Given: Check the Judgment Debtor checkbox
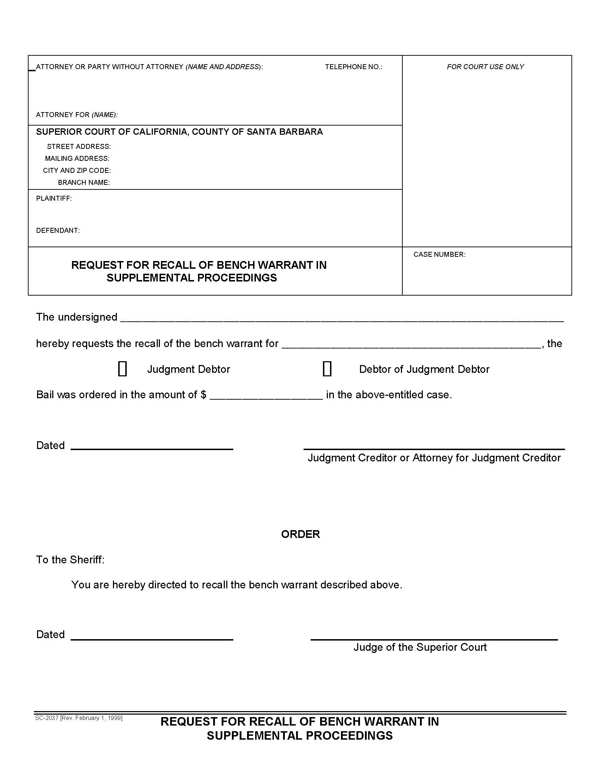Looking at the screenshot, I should pos(122,369).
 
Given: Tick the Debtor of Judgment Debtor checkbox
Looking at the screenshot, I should pos(327,369).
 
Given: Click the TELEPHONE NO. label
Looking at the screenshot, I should pos(353,67).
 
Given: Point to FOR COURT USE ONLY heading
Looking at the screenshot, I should pos(485,67).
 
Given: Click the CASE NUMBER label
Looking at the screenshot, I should pos(439,254).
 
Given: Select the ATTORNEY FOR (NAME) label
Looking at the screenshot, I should pos(77,115).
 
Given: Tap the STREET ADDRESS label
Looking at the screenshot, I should pos(79,146).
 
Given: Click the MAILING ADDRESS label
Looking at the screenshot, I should pos(77,158).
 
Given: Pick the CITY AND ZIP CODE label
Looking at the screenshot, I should pos(77,171).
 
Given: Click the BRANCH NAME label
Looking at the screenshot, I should pos(84,183).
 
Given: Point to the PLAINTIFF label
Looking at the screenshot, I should pos(54,198).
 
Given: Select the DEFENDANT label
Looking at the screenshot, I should pos(58,230).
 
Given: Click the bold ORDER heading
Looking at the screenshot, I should pos(300,534).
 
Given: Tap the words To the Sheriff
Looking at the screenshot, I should pos(70,560).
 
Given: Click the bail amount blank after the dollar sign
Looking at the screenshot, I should pos(266,395).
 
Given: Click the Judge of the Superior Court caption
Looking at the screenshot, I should pos(420,647).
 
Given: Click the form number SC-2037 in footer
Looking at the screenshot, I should pos(47,718).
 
